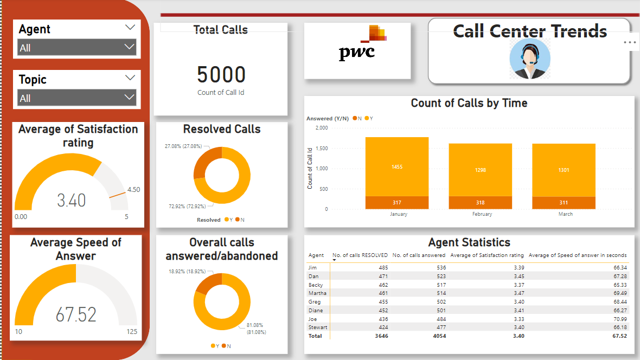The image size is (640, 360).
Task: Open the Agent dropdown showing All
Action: click(76, 48)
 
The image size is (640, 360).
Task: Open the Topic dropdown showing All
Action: click(76, 98)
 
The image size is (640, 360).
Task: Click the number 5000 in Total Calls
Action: click(221, 75)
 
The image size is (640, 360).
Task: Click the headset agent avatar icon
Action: click(530, 59)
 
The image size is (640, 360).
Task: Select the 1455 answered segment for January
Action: click(397, 166)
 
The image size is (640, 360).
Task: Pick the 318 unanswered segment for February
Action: click(481, 203)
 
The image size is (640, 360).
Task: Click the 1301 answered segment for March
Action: click(564, 170)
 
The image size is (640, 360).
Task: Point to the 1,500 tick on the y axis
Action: click(321, 148)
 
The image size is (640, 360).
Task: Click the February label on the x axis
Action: click(482, 214)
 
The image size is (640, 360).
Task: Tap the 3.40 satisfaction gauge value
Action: click(72, 200)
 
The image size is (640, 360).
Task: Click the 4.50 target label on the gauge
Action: click(133, 190)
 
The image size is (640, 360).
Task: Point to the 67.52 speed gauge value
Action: click(76, 314)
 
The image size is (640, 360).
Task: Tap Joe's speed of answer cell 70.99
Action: click(617, 319)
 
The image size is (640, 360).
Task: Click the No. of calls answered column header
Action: click(419, 255)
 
